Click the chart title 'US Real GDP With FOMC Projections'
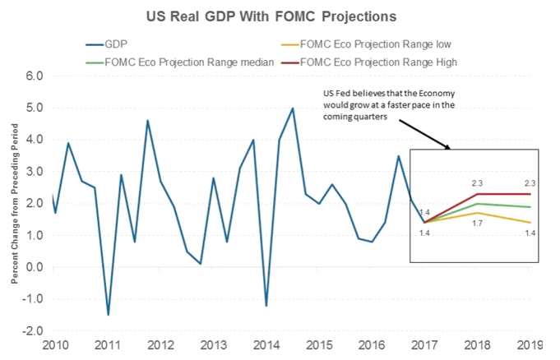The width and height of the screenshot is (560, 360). [280, 16]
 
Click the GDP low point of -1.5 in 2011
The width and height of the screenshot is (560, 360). [109, 315]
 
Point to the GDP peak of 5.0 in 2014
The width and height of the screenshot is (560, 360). [293, 108]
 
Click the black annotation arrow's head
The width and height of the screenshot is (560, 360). [449, 149]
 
